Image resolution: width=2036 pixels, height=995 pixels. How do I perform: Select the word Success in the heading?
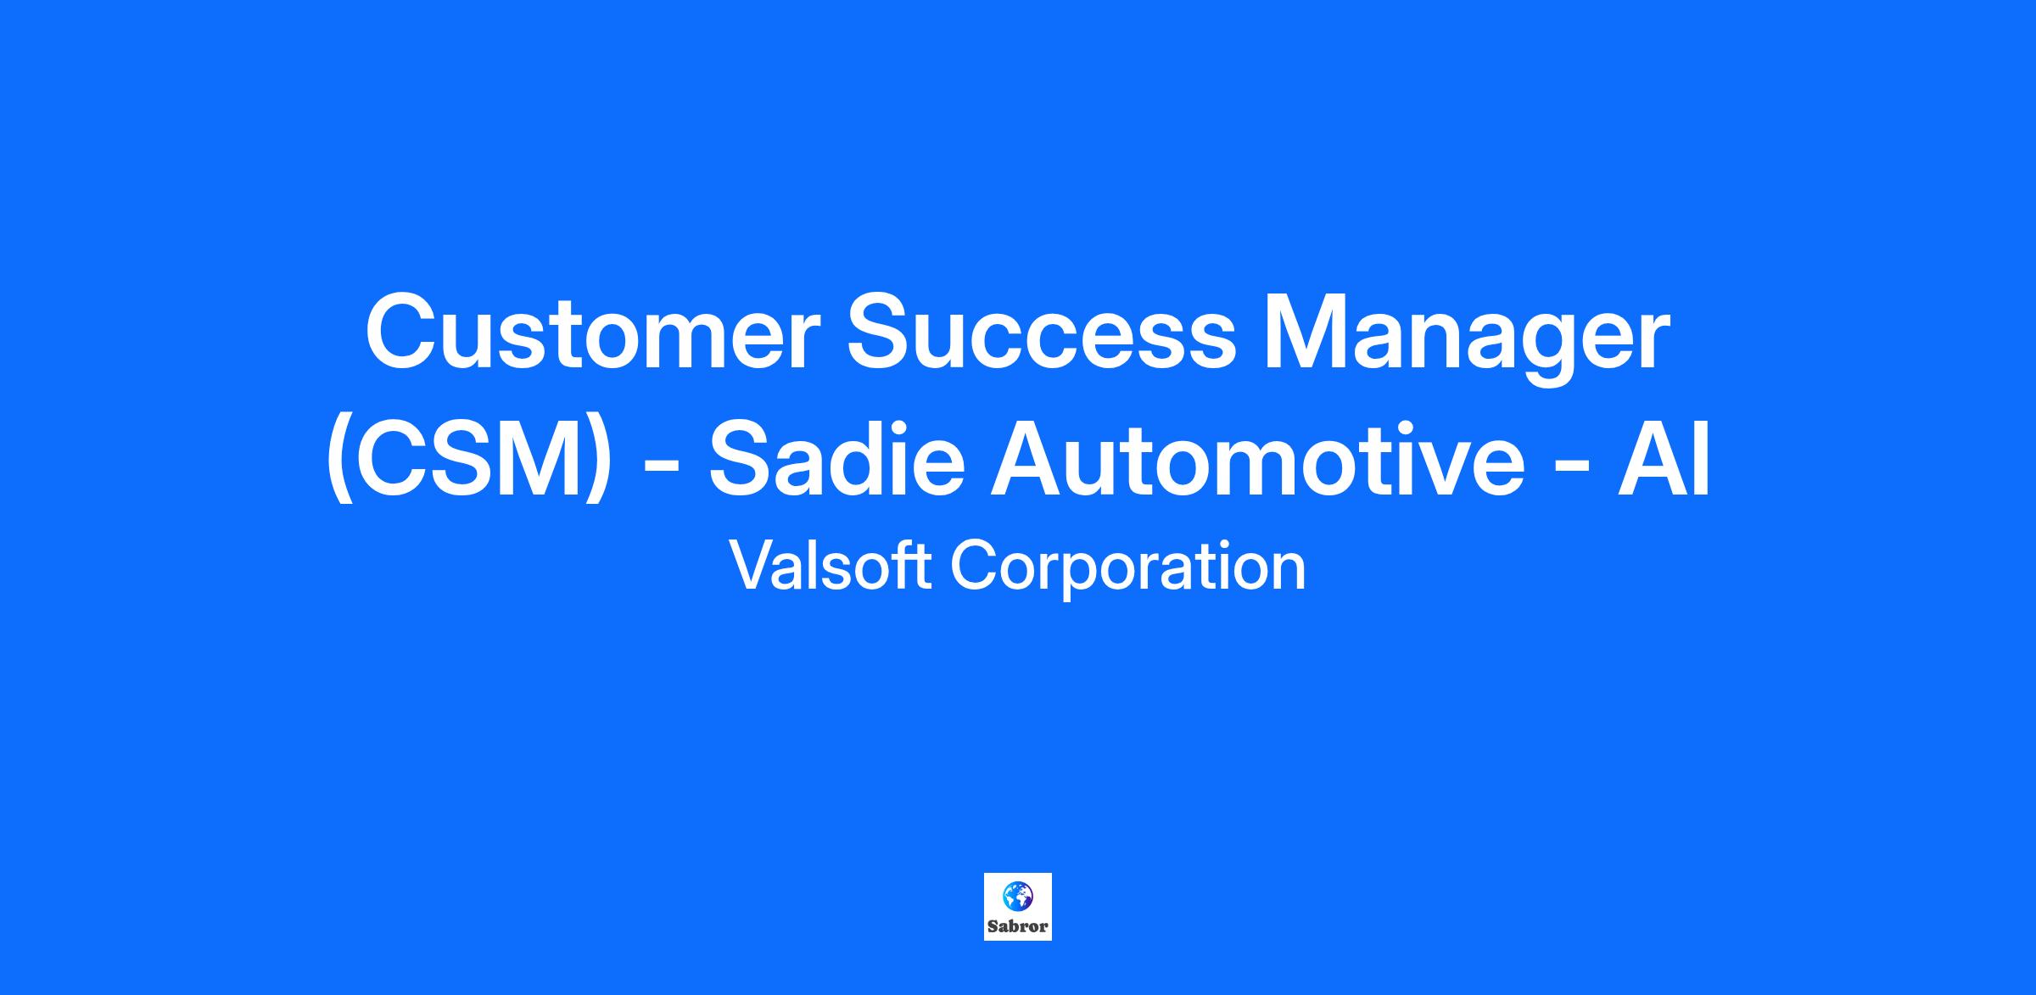click(x=1043, y=333)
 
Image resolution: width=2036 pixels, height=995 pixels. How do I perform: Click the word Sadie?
click(x=836, y=459)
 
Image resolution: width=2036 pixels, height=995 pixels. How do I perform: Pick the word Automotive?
click(x=1258, y=459)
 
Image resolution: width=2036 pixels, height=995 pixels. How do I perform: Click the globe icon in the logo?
click(x=1017, y=896)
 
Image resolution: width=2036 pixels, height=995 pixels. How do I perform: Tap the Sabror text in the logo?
click(x=1018, y=926)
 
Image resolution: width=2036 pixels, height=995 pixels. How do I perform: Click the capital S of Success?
click(x=882, y=333)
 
